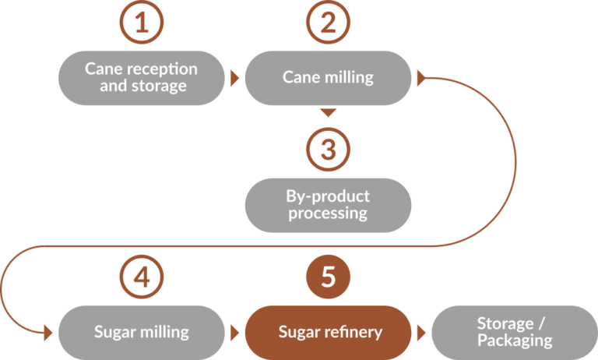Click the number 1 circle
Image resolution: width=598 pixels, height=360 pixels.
(x=140, y=23)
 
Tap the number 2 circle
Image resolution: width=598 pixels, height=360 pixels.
(x=328, y=23)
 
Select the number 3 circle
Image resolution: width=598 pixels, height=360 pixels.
(x=328, y=150)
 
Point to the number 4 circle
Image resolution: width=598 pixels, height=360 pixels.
(x=141, y=277)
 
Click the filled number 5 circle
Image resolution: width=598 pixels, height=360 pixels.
(x=328, y=277)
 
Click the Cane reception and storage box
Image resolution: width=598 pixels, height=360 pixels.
(x=141, y=78)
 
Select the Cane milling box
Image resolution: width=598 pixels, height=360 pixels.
(x=328, y=78)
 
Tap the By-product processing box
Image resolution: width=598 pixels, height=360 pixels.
(x=328, y=205)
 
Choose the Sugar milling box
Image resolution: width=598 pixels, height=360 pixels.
(x=141, y=332)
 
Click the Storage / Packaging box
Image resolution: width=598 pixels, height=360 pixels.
(x=514, y=332)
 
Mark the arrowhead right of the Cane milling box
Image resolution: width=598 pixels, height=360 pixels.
(x=421, y=78)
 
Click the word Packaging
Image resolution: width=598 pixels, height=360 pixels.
(x=515, y=341)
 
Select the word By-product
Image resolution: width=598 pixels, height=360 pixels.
(x=329, y=196)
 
